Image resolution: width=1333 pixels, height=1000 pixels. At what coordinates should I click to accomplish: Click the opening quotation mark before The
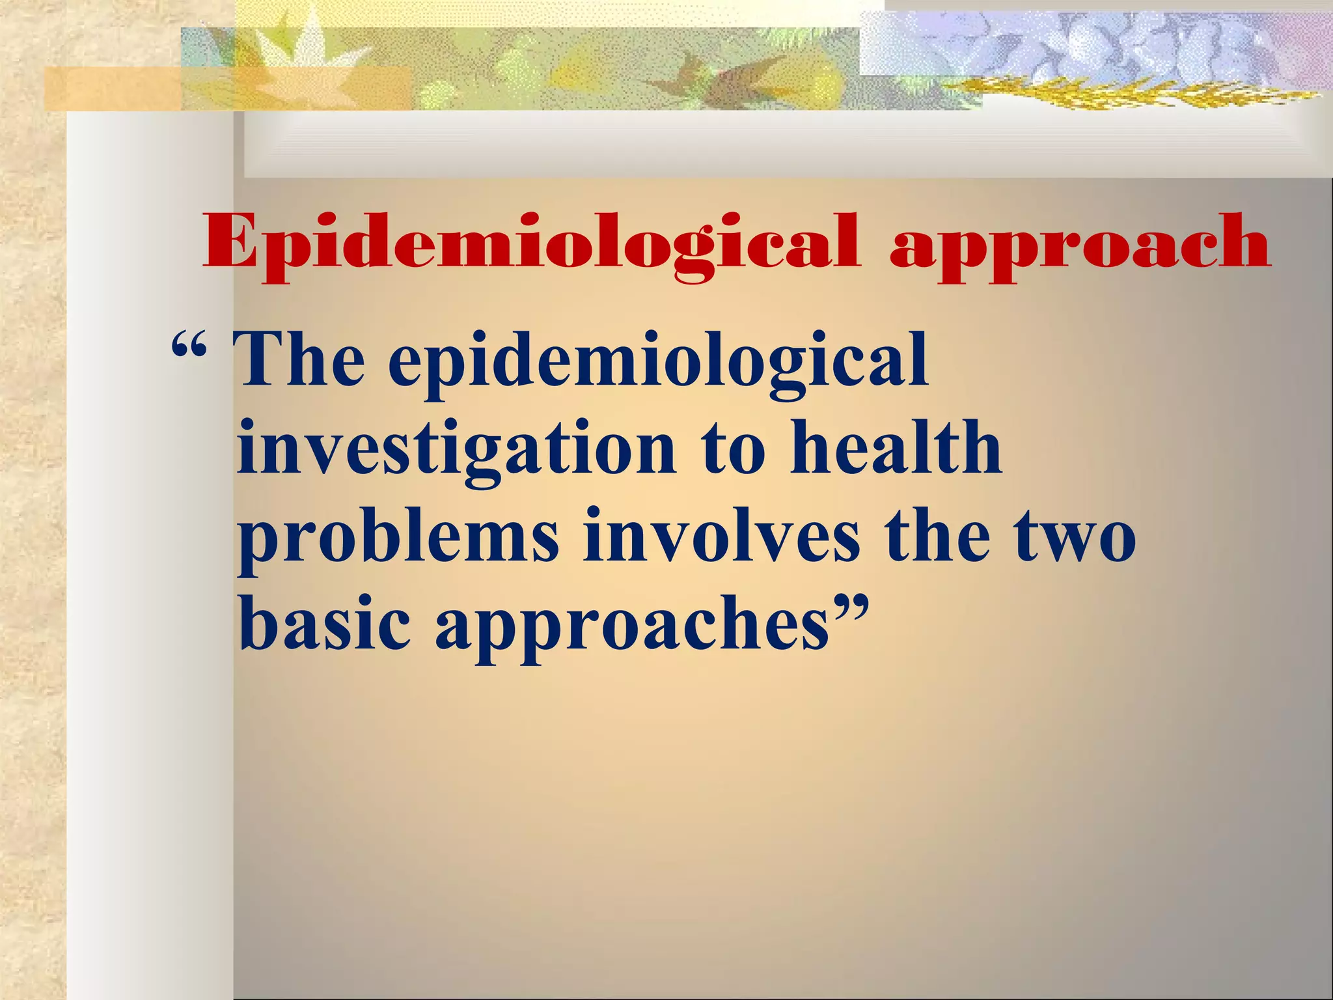[189, 352]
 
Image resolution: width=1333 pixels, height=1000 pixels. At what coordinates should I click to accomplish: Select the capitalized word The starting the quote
[300, 359]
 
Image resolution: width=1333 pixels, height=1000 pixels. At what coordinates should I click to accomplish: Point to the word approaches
[632, 628]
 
